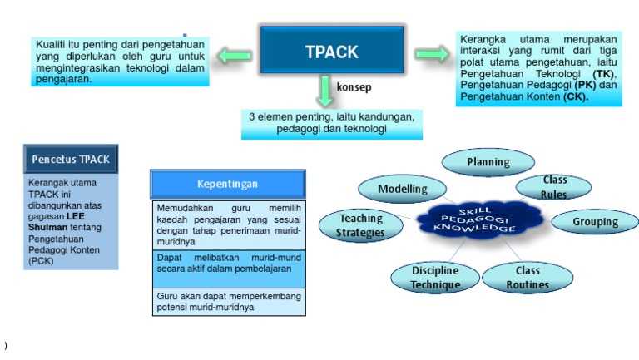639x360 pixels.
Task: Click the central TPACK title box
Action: (x=332, y=51)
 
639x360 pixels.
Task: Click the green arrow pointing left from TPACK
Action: (x=235, y=56)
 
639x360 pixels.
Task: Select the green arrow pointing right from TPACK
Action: (x=431, y=54)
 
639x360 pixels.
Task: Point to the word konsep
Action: (x=354, y=87)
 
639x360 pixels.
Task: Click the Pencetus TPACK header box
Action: (x=71, y=158)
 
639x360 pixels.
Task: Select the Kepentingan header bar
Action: (x=227, y=184)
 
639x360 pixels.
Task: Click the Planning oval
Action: (x=488, y=162)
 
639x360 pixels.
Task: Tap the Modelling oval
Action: (x=402, y=189)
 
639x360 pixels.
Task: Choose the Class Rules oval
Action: (x=554, y=187)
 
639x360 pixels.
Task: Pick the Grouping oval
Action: (x=595, y=221)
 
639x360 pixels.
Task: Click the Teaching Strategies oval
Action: (x=360, y=224)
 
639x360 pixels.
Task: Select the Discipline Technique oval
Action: (x=434, y=278)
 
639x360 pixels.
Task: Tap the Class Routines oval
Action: (x=527, y=278)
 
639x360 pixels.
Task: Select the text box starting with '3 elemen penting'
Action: (x=331, y=123)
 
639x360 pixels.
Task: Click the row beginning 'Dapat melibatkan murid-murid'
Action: (x=228, y=264)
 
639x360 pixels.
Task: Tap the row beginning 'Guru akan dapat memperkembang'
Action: (x=228, y=301)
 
